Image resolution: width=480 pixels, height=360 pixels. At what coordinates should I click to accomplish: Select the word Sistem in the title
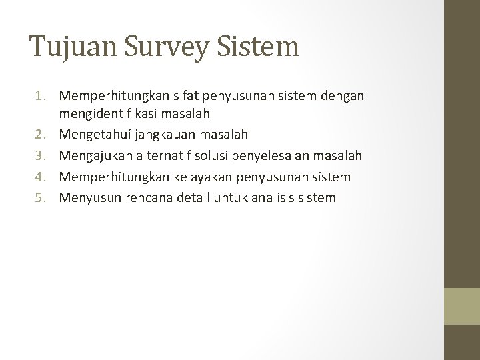pos(263,47)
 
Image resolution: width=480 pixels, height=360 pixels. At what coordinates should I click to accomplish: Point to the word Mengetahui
pos(95,135)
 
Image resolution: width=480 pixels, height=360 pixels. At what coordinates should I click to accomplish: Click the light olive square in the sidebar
pos(462,306)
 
